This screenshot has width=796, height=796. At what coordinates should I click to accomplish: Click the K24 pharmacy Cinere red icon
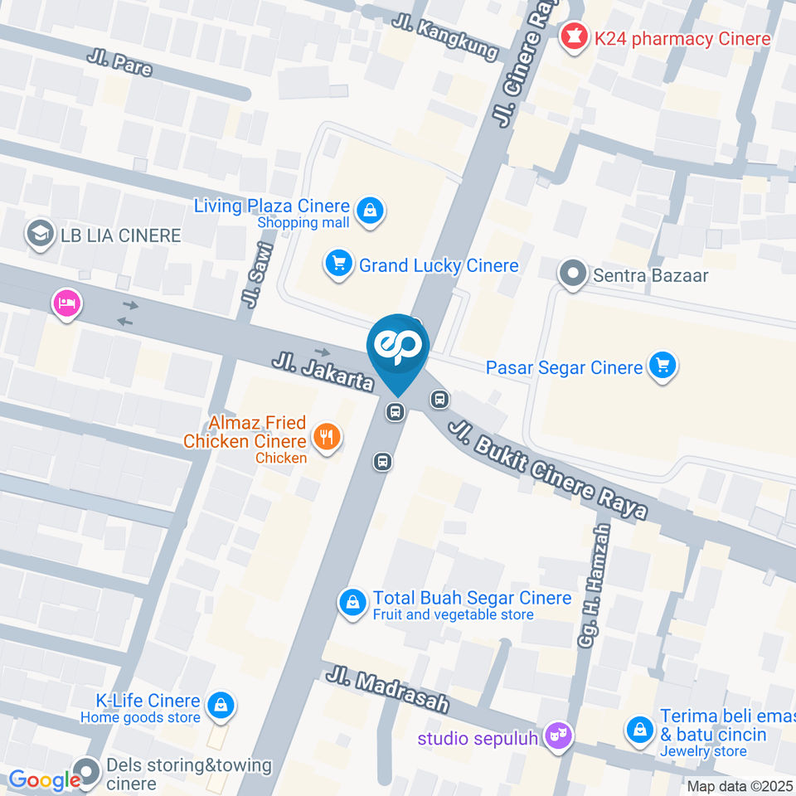[x=571, y=37]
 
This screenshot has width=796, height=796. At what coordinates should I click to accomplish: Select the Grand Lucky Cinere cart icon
[x=337, y=265]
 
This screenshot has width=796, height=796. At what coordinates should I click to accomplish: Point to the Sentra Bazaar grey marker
[x=572, y=274]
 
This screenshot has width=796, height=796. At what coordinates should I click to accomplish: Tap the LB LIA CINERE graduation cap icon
[x=38, y=235]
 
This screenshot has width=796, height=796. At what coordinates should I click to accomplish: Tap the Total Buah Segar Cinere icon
[x=353, y=603]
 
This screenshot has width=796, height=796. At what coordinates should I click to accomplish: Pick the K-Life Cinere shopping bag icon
[x=221, y=706]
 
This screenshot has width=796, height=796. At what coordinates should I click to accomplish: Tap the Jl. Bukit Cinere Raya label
[x=547, y=469]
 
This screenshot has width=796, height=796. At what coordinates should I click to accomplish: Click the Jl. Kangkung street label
[x=445, y=36]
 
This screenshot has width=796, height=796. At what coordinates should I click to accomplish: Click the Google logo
[x=44, y=780]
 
